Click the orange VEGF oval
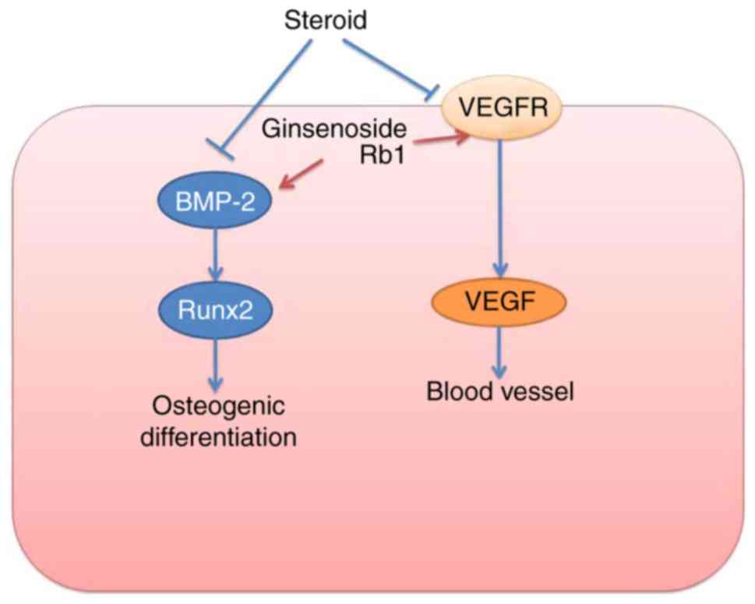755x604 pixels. coord(499,302)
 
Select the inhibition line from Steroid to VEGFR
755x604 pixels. coord(386,65)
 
